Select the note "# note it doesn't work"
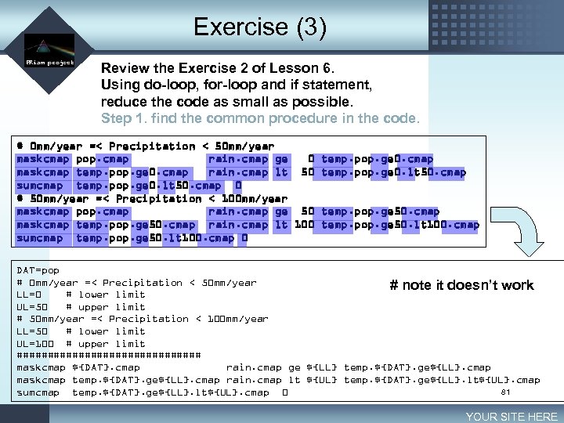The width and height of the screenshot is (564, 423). pos(461,285)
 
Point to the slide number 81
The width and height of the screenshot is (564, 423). pos(505,391)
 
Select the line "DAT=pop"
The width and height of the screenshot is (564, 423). pos(38,270)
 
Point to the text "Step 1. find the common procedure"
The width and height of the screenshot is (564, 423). pos(260,119)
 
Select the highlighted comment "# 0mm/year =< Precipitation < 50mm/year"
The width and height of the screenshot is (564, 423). pos(145,146)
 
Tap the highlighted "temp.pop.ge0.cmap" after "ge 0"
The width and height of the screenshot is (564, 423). pos(377,159)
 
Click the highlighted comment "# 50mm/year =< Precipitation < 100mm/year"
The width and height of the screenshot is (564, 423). pos(152,199)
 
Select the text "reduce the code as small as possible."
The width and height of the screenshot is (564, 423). pos(227,102)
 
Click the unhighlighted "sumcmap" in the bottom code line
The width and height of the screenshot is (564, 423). pos(38,392)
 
